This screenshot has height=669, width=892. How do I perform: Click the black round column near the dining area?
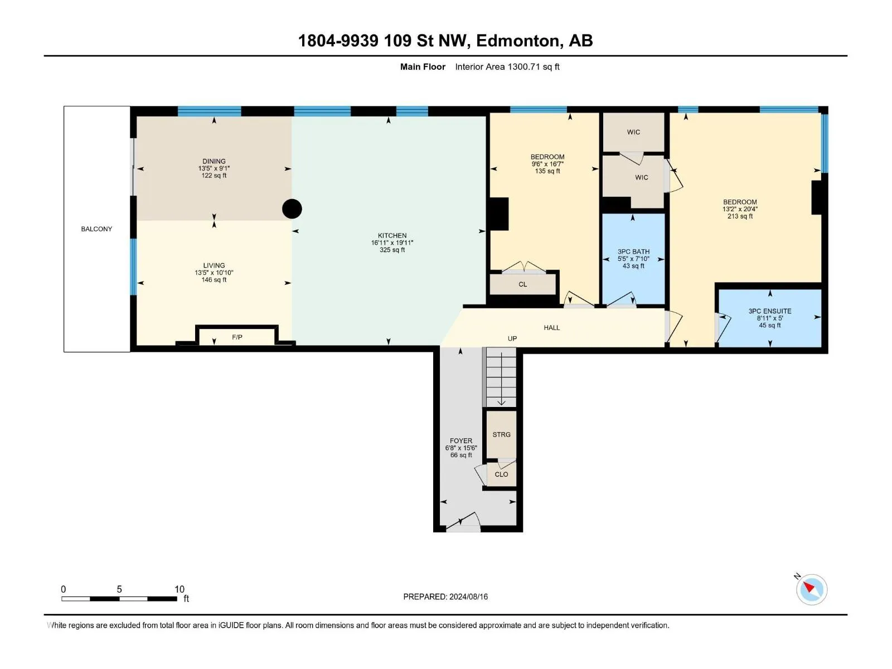click(x=292, y=209)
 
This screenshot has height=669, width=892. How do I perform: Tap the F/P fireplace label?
click(x=237, y=337)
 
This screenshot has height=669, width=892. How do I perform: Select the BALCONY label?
click(x=96, y=229)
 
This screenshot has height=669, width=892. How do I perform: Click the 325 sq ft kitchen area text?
click(x=392, y=250)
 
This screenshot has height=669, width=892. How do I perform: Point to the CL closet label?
click(x=522, y=284)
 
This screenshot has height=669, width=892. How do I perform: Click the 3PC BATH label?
click(x=633, y=252)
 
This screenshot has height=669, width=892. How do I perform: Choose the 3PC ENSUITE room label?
click(x=770, y=311)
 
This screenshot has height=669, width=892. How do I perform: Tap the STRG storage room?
click(x=501, y=434)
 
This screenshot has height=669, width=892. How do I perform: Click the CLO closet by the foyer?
click(x=501, y=474)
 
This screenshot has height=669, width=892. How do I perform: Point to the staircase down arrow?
click(x=501, y=379)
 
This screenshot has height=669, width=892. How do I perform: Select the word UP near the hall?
click(x=512, y=338)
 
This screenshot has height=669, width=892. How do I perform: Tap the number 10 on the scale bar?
click(x=179, y=589)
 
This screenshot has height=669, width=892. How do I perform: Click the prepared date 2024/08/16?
click(x=468, y=597)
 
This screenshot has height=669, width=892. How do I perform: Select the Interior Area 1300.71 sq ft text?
click(x=507, y=66)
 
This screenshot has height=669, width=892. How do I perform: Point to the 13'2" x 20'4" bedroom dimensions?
click(x=740, y=209)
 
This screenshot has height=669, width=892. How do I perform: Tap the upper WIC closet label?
click(x=633, y=132)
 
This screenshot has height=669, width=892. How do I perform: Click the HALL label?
click(x=551, y=327)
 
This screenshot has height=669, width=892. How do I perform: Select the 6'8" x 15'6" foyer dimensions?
click(x=461, y=448)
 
